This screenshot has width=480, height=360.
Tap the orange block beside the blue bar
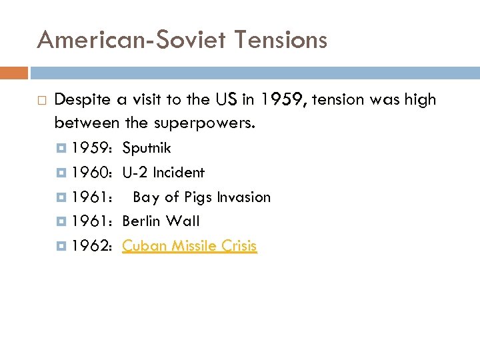click(x=13, y=72)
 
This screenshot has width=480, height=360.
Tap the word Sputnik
click(x=147, y=148)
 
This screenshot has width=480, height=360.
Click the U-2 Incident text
click(x=163, y=173)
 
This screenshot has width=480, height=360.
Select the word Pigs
click(x=195, y=197)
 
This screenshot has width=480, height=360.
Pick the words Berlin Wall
click(x=161, y=221)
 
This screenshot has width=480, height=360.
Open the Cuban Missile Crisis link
click(x=189, y=246)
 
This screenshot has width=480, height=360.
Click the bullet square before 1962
click(x=64, y=246)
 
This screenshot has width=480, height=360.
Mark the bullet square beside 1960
click(x=64, y=173)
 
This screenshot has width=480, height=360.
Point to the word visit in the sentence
click(x=147, y=100)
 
